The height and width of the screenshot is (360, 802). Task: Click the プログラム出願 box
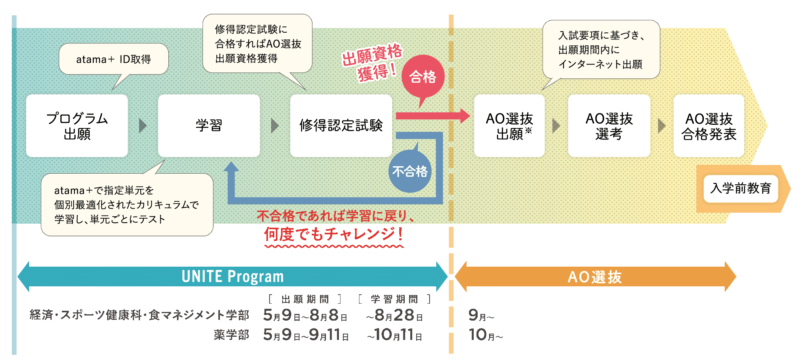(x=77, y=126)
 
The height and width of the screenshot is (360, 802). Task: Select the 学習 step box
(x=209, y=126)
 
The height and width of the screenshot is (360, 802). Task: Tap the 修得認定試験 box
(x=341, y=126)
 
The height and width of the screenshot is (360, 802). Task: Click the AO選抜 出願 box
(x=509, y=126)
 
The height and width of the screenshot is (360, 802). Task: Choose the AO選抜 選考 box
(x=609, y=126)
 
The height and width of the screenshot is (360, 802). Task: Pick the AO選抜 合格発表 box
(x=709, y=126)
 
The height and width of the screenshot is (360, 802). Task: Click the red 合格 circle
(x=423, y=76)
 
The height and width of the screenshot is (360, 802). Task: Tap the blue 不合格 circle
(x=410, y=171)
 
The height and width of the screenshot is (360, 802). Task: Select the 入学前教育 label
(x=741, y=188)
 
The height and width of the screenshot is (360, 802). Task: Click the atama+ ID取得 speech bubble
(x=114, y=59)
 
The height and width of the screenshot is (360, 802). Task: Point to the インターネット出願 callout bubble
(x=601, y=50)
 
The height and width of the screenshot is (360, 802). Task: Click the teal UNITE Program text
(x=233, y=276)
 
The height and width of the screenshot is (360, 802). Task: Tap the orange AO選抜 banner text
(x=595, y=277)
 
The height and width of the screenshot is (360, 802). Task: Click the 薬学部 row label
(x=231, y=335)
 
